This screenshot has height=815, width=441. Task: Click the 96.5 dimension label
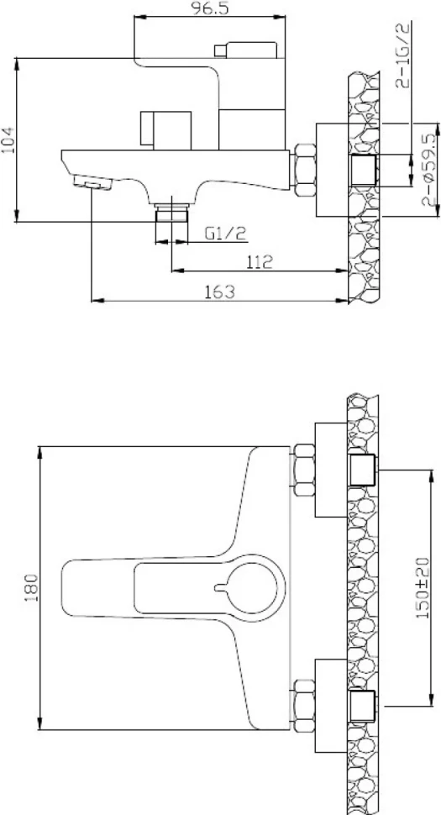pyautogui.click(x=210, y=8)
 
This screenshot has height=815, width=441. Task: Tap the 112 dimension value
pyautogui.click(x=260, y=261)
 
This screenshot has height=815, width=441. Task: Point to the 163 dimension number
pyautogui.click(x=220, y=292)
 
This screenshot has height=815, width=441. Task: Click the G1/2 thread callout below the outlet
pyautogui.click(x=225, y=234)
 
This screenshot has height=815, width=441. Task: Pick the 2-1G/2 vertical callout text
pyautogui.click(x=403, y=55)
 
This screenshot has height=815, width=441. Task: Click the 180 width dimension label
pyautogui.click(x=31, y=588)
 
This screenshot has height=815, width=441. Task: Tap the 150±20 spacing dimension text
pyautogui.click(x=423, y=587)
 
